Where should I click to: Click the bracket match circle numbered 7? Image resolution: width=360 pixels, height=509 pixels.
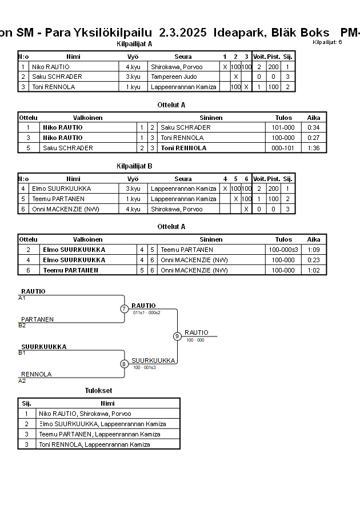124,309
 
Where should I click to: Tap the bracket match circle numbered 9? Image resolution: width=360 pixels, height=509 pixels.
177,336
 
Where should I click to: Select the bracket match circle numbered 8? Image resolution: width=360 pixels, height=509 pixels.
124,364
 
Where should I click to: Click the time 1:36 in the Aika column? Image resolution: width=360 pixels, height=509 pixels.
313,148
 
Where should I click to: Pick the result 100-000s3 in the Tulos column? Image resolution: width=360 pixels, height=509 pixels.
283,250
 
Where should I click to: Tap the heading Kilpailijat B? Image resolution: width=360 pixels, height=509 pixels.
134,166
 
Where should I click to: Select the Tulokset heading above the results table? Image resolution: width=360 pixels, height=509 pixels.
98,391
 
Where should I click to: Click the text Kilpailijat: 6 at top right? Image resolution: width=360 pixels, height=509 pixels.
327,42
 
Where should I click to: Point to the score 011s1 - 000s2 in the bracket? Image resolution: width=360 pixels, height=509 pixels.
147,312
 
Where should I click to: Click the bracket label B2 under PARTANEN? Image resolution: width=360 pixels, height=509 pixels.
22,326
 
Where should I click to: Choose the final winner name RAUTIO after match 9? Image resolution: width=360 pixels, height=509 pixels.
196,332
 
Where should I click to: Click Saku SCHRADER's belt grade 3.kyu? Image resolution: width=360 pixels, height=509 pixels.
133,77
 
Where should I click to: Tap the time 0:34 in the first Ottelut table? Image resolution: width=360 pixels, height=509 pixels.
313,127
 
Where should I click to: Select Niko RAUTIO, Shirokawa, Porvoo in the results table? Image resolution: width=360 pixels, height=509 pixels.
85,414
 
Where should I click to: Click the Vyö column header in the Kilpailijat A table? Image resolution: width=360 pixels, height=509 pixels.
133,57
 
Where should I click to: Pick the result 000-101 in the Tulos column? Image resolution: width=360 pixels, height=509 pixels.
283,148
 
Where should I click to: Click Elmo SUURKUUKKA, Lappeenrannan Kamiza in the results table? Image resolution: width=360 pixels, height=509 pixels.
102,424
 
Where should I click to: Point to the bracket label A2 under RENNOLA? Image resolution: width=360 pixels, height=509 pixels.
22,380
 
